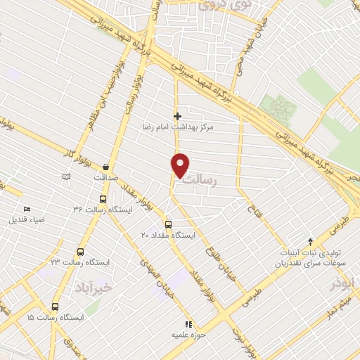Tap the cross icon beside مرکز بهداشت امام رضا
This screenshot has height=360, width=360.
[177, 116]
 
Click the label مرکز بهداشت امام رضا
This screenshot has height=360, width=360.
[207, 128]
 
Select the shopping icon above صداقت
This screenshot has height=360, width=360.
[105, 167]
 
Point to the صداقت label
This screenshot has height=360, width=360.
[105, 179]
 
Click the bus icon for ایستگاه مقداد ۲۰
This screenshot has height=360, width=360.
[167, 224]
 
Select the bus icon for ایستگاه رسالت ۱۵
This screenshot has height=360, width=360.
[55, 307]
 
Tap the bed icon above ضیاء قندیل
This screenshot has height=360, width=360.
[27, 209]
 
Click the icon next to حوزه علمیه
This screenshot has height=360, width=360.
[188, 324]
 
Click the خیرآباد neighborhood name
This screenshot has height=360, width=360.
[92, 289]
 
